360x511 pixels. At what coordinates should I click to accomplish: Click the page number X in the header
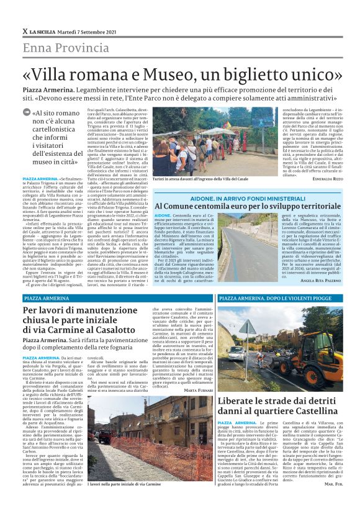[x=24, y=30]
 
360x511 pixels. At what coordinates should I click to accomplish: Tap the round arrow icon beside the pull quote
[x=35, y=112]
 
